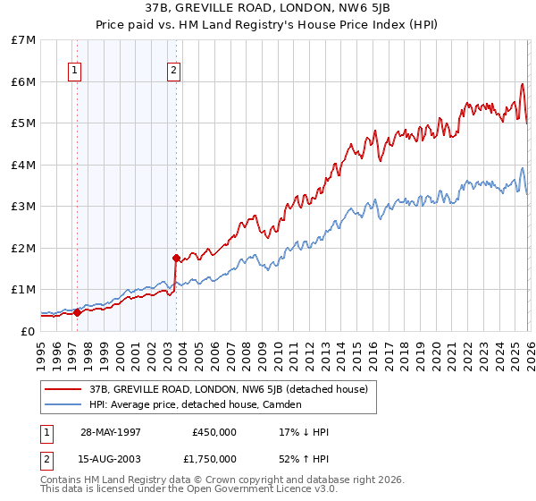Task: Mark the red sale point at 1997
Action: point(78,312)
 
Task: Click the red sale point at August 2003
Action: point(176,259)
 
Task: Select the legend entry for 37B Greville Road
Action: point(228,389)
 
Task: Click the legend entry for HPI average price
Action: point(195,404)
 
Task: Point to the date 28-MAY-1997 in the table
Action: point(111,432)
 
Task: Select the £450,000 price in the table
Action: point(214,432)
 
